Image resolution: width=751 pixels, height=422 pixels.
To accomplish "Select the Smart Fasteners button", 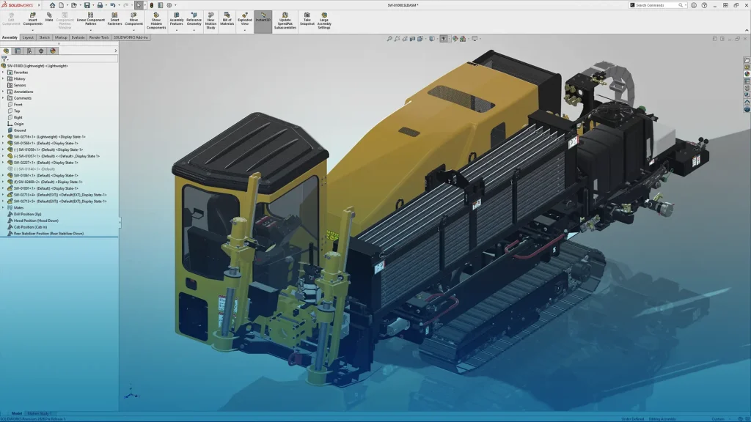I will (115, 20).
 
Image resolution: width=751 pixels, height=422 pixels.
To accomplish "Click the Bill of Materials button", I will (227, 20).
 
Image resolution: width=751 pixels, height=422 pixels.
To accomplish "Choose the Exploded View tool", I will (245, 20).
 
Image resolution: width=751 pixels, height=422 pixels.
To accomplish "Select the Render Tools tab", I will (99, 37).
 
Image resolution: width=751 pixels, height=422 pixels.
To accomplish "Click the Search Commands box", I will (658, 5).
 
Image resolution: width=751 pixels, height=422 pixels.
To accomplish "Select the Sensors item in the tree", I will (20, 85).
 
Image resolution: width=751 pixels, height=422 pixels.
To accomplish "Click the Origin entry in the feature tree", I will (19, 124).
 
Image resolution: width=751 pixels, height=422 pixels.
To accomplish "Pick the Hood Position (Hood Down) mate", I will (36, 221).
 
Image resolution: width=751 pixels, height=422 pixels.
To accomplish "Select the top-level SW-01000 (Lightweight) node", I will (37, 66).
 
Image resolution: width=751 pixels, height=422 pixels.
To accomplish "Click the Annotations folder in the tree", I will (23, 92).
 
